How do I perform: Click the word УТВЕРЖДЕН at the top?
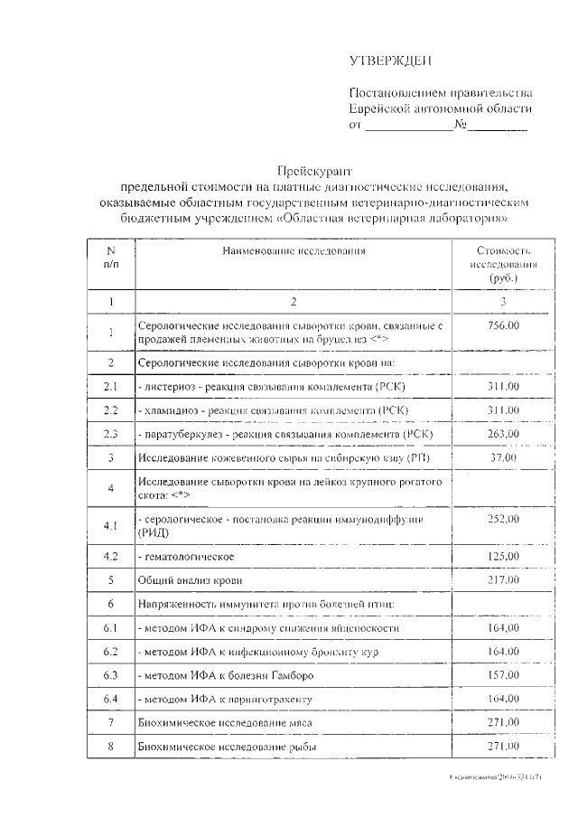point(391,61)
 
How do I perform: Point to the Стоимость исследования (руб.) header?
point(503,264)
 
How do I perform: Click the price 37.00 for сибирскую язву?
point(502,458)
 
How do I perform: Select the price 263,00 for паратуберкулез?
point(503,434)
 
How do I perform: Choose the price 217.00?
point(503,578)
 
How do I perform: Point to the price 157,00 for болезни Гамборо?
point(503,674)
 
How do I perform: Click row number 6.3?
point(110,675)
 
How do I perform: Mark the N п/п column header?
point(110,257)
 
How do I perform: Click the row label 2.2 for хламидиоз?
point(110,411)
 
